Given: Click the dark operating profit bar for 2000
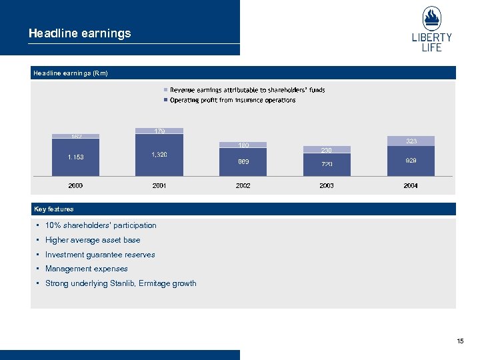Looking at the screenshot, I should click(75, 157).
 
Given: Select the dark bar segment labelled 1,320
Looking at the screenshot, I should click(159, 155).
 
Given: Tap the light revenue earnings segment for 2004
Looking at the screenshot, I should click(411, 141).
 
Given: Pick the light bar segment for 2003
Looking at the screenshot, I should click(327, 150).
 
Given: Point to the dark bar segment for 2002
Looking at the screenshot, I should click(243, 161).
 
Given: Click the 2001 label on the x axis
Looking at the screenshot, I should click(159, 186).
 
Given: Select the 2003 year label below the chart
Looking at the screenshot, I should click(327, 186).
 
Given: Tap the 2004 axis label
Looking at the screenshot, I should click(411, 186).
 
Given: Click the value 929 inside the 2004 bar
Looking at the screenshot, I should click(411, 161).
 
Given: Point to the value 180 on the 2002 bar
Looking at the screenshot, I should click(243, 145).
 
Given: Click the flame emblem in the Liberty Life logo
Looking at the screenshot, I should click(432, 18).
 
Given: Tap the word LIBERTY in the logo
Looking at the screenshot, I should click(432, 37).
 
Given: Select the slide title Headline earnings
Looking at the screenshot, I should click(80, 33).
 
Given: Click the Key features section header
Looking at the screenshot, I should click(54, 209).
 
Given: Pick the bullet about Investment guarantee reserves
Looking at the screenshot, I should click(100, 255).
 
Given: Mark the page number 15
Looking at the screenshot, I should click(460, 341).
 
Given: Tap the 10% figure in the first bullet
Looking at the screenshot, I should click(53, 225).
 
